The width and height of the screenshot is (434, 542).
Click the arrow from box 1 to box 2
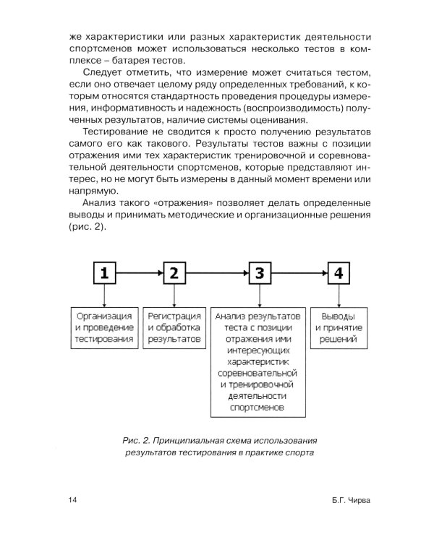[x=139, y=273]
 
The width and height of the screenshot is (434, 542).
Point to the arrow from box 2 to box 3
[x=217, y=273]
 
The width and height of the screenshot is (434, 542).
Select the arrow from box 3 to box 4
[x=300, y=273]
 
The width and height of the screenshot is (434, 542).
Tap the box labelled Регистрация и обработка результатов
[x=174, y=327]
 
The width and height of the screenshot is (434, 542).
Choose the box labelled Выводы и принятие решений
[x=339, y=327]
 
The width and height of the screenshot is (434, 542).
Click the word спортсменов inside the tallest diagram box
[x=258, y=408]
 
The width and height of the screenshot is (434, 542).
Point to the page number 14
[x=72, y=500]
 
